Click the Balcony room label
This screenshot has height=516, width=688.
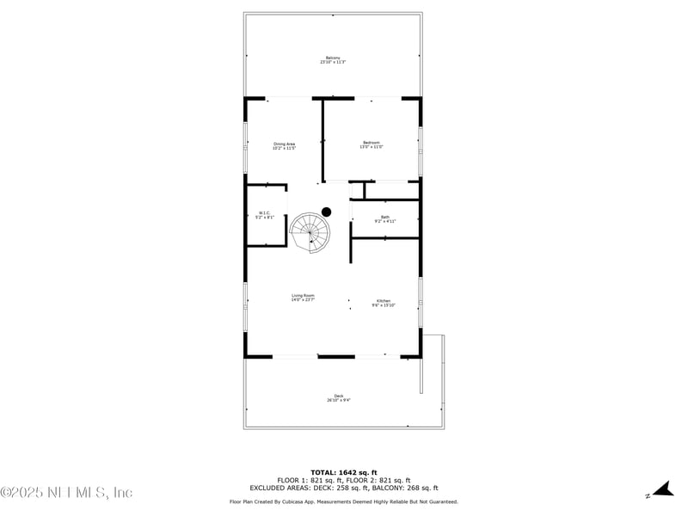pos(333,58)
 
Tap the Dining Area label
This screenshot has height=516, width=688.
pos(285,144)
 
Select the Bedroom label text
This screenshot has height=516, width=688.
pos(371,143)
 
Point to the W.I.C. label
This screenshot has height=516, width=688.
pos(265,212)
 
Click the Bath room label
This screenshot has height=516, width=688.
pos(385,217)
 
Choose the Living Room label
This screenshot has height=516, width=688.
pos(303,295)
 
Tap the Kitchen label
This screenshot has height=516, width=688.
pos(383,301)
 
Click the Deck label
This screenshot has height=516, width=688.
pos(339,396)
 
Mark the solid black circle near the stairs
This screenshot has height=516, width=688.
pos(326,212)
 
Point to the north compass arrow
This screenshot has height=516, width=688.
pos(660,490)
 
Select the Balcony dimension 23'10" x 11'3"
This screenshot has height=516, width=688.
pos(333,62)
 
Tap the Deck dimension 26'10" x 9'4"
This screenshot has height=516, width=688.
pos(339,400)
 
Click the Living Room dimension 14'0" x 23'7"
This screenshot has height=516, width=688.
pos(303,300)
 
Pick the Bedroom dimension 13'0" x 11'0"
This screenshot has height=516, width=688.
pos(371,147)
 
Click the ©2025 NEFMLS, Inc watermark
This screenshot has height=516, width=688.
pos(67,493)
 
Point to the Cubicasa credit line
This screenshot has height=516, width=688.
pos(343,501)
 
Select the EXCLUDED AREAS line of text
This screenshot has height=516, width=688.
pos(343,488)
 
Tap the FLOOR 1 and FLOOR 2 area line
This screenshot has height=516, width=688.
pos(343,480)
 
